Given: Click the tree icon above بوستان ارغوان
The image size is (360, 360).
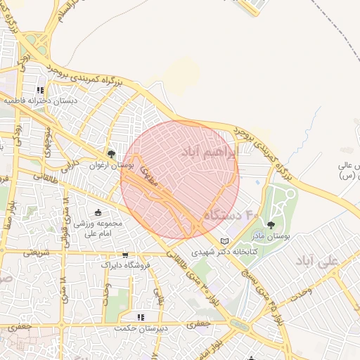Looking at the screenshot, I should click(x=111, y=153).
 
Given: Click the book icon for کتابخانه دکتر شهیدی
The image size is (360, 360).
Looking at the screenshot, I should click(x=224, y=241).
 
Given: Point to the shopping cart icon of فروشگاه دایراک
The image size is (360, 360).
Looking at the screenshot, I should click(x=125, y=255).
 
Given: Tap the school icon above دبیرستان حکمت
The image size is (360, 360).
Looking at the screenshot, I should click(x=140, y=317).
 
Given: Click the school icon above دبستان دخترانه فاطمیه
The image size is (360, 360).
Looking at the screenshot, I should click(x=40, y=91).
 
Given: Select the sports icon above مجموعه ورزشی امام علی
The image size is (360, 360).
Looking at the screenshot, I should click(x=97, y=213).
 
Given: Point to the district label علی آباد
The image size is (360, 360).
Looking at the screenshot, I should click(x=317, y=260).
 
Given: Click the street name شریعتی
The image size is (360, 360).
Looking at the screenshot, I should click(x=37, y=252).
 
